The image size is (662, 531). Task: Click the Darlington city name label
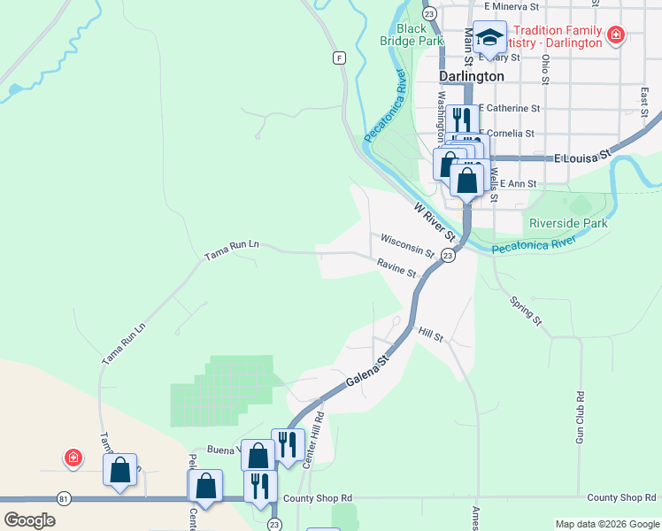tap(473, 76)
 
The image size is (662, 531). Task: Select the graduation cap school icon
tap(489, 37)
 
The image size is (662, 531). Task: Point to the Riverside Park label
tap(568, 223)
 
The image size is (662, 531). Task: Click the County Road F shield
tap(338, 58)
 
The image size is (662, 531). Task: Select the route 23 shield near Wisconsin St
tap(448, 256)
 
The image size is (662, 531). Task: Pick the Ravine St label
tap(396, 267)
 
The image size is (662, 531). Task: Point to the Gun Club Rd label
tap(581, 419)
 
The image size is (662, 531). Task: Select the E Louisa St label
tap(582, 157)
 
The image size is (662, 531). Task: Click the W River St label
tap(435, 221)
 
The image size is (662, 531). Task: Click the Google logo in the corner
tap(29, 519)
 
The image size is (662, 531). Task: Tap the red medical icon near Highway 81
tap(73, 458)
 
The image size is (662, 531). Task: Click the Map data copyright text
tap(606, 524)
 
